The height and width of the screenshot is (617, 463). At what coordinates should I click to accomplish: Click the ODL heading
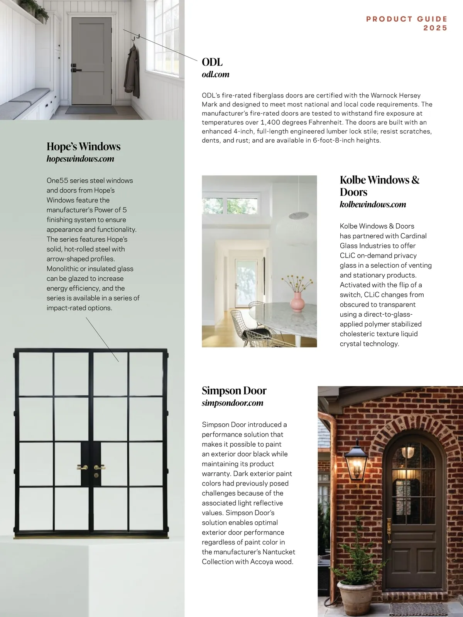[x=212, y=62]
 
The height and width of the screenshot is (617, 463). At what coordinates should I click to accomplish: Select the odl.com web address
[x=215, y=74]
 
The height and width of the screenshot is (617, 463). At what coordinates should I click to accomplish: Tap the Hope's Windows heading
[x=83, y=147]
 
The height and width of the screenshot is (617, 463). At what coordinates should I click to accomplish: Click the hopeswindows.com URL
[x=80, y=159]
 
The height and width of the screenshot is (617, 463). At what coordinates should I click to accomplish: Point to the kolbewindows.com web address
[x=373, y=204]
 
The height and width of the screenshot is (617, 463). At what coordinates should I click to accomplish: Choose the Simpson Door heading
[x=234, y=391]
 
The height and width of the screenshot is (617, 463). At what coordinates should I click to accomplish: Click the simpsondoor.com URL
[x=232, y=403]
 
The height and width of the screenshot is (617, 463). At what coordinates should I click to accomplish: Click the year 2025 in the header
[x=435, y=28]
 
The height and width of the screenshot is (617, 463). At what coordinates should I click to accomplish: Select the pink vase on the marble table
[x=297, y=302]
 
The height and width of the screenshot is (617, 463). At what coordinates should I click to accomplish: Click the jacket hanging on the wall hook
[x=132, y=73]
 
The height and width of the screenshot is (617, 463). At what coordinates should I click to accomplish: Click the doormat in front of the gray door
[x=91, y=110]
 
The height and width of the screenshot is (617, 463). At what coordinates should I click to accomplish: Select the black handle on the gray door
[x=76, y=70]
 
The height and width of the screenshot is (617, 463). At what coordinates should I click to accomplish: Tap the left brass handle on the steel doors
[x=82, y=467]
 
